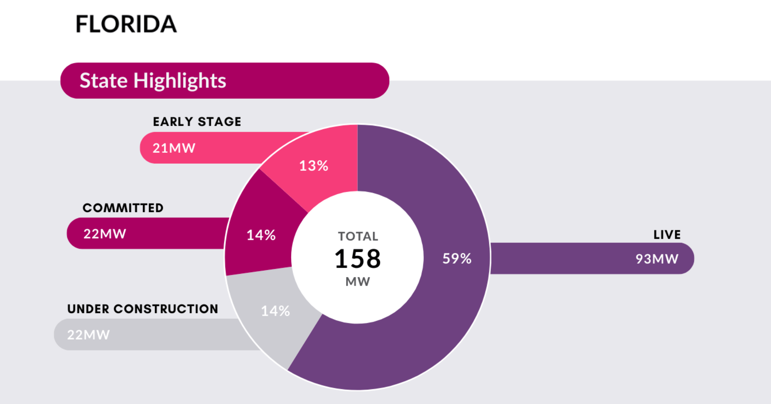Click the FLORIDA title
[x=126, y=24]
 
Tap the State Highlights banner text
[x=153, y=80]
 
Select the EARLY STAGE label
[x=197, y=122]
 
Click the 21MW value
[x=174, y=148]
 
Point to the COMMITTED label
[x=123, y=208]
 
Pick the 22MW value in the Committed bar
[x=105, y=234]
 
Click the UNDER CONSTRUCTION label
[x=143, y=309]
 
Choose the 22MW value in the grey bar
[x=88, y=335]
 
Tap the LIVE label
[x=667, y=235]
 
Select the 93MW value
[x=657, y=259]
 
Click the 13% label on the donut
[x=314, y=166]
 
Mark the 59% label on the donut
[x=457, y=259]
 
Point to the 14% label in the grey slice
[x=275, y=311]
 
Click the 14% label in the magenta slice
[x=261, y=235]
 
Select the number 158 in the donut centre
[x=358, y=259]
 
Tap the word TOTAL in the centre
[x=358, y=236]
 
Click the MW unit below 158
[x=358, y=282]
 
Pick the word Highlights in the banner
[x=180, y=80]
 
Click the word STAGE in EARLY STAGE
[x=219, y=122]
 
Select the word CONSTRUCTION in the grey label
[x=166, y=309]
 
